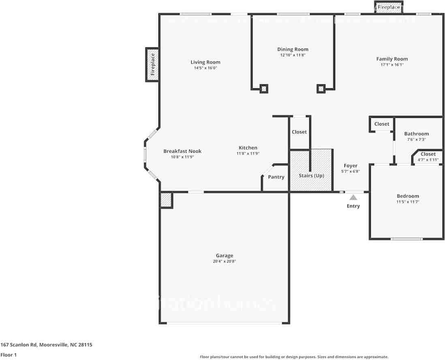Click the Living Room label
coord(205,62)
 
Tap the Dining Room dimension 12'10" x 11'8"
coord(293,55)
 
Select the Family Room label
coord(392,59)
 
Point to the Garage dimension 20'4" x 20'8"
coord(224,262)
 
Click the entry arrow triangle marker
coord(353,197)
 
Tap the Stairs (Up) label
coord(311,176)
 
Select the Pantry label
coord(276,177)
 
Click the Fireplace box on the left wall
coord(152,64)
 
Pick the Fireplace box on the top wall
coord(389,7)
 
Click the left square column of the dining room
coord(263,88)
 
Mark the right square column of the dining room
coord(321,88)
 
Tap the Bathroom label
coord(416,134)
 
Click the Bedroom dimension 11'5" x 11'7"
coord(408,202)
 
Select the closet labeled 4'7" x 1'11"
coord(428,157)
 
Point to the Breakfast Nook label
coord(182,151)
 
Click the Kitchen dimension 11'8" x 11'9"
coord(248,153)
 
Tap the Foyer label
coord(351,166)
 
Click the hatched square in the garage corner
coord(166,200)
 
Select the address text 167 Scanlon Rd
coord(46,345)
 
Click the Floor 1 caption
coord(8,355)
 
